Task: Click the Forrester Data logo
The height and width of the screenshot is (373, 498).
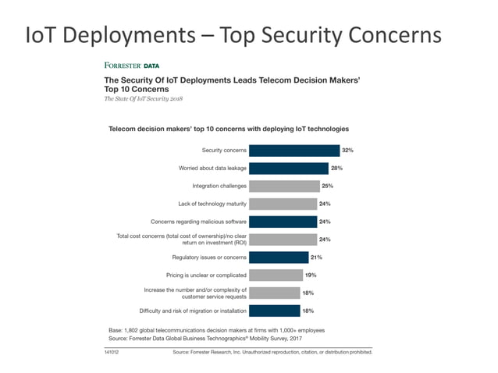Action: (x=126, y=66)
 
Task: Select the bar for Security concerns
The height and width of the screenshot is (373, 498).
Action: (x=295, y=150)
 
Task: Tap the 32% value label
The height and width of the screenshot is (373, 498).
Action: (x=347, y=150)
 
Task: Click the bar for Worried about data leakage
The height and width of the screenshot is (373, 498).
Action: (x=290, y=168)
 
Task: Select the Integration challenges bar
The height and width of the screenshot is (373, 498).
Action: (x=285, y=186)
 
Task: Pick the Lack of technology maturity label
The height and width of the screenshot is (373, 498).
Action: (x=212, y=204)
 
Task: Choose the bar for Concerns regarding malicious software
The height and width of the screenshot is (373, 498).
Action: (x=284, y=222)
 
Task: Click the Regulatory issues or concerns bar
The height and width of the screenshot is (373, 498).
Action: (x=279, y=257)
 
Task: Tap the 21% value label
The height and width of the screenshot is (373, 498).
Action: (x=317, y=257)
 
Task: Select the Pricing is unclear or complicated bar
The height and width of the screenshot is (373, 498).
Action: (x=276, y=275)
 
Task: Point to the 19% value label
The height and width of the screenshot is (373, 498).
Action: (x=311, y=275)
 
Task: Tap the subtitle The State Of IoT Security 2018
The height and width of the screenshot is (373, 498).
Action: (x=144, y=100)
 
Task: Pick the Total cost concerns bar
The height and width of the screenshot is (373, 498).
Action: (x=283, y=240)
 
